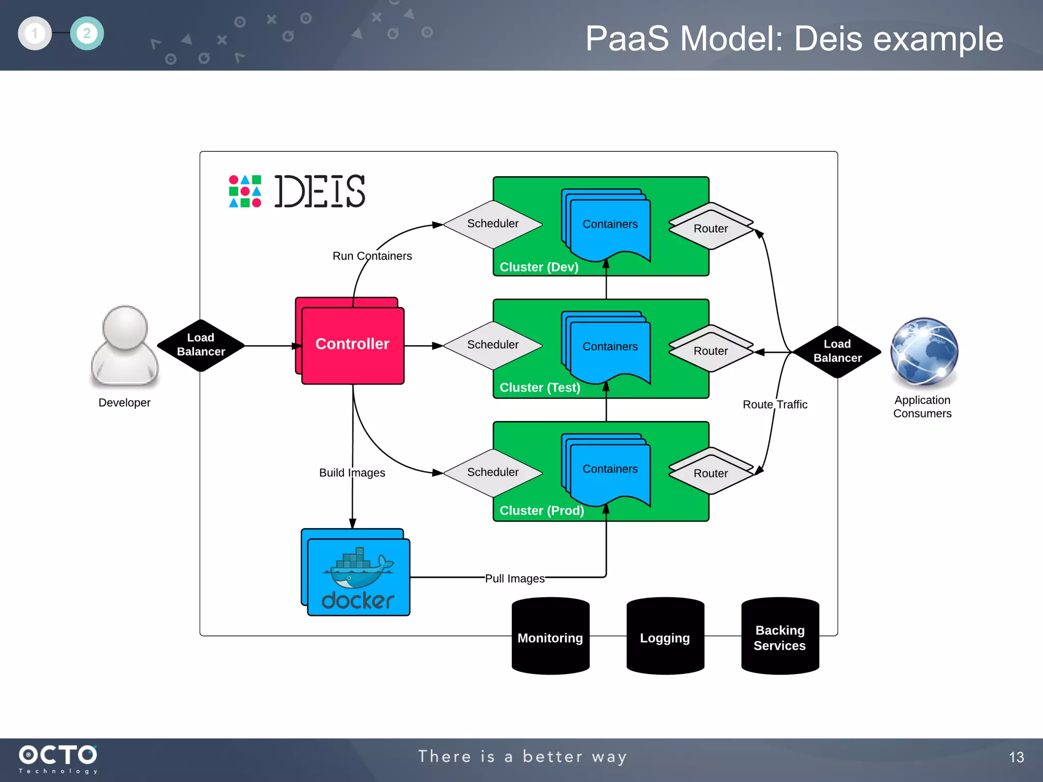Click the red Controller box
coord(352,344)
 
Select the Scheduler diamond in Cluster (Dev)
coord(492,224)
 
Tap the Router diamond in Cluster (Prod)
coord(710,473)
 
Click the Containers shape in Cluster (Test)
coord(610,347)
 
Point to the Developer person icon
coord(125,346)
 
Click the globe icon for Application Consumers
coord(924,351)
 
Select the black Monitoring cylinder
coord(550,637)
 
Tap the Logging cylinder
coord(665,637)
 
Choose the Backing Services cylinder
coord(780,637)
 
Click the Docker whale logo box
coord(359,576)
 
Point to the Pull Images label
coord(514,578)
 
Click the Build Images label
coord(352,472)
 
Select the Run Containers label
coord(372,256)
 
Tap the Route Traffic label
coord(775,405)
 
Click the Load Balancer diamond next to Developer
coord(201,345)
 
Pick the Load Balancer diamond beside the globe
coord(837,351)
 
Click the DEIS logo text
coord(319,191)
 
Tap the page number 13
coord(1016,757)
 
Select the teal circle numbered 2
coord(87,34)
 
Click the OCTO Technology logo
coord(58,759)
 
